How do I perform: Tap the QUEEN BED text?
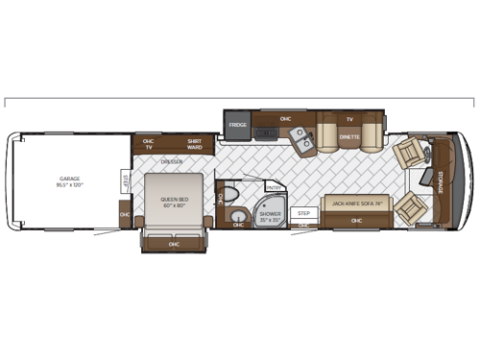pyautogui.click(x=174, y=203)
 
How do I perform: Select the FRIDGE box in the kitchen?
pyautogui.click(x=239, y=125)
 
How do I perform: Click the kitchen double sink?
pyautogui.click(x=302, y=140)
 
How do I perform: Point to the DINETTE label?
pyautogui.click(x=349, y=137)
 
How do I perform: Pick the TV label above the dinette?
pyautogui.click(x=349, y=120)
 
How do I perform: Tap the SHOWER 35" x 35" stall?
pyautogui.click(x=269, y=215)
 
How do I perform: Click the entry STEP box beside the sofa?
pyautogui.click(x=304, y=213)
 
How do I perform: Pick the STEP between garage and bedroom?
pyautogui.click(x=125, y=181)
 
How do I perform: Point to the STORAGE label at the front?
pyautogui.click(x=441, y=180)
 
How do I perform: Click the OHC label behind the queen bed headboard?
pyautogui.click(x=174, y=243)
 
